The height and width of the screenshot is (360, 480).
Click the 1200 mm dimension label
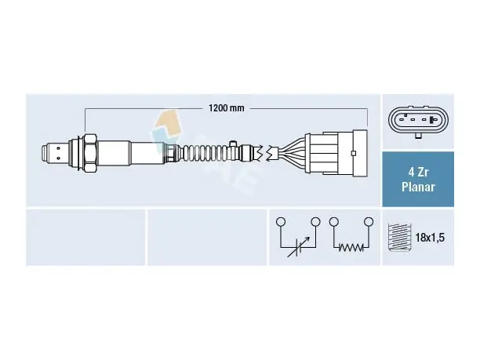[227, 108]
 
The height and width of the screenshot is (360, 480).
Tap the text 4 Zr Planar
[418, 180]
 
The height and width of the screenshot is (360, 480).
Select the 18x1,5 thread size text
[430, 238]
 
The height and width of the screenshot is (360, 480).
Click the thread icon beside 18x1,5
[399, 237]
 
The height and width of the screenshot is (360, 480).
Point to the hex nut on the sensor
[90, 153]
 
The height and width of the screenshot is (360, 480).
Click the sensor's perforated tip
[55, 153]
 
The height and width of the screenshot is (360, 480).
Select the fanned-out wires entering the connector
[291, 153]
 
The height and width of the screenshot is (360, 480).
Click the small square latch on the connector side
[354, 153]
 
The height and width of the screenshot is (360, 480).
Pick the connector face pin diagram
[418, 120]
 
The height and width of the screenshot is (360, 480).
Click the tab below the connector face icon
[418, 136]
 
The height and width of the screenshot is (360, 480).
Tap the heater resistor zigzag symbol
[351, 247]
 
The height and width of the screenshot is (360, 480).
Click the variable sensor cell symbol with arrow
[299, 247]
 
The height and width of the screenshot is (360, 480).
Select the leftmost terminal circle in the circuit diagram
[281, 221]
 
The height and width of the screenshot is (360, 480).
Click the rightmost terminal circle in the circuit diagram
[369, 221]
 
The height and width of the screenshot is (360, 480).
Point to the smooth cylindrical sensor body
[132, 153]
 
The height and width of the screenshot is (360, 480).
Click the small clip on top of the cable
[233, 144]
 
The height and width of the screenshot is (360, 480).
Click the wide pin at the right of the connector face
[432, 120]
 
